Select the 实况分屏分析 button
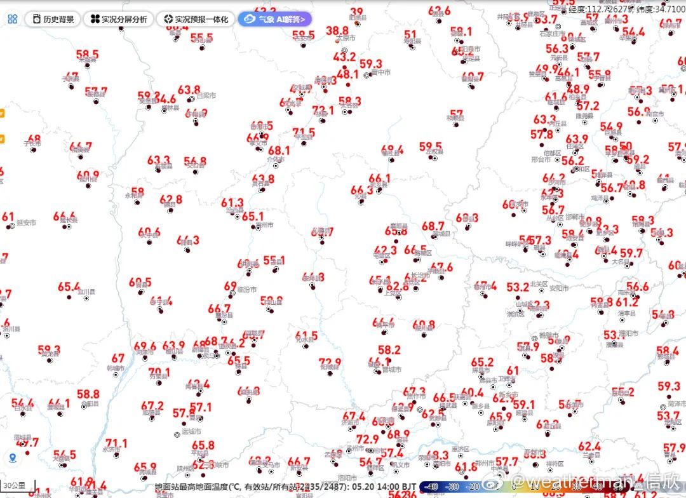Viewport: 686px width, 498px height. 119,19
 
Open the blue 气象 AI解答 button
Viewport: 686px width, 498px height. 275,19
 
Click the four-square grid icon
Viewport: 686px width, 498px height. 13,19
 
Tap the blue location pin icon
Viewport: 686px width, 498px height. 13,458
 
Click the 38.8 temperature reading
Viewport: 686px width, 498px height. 337,31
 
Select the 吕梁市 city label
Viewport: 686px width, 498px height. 206,96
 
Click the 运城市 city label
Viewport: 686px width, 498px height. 191,433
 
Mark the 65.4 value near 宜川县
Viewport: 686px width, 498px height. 69,287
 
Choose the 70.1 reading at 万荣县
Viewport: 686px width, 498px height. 159,372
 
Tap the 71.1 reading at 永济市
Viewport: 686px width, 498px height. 116,443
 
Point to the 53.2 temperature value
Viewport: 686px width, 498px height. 518,287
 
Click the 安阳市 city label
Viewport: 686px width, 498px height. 559,288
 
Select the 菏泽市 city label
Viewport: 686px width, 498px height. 677,403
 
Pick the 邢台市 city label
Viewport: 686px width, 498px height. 539,159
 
